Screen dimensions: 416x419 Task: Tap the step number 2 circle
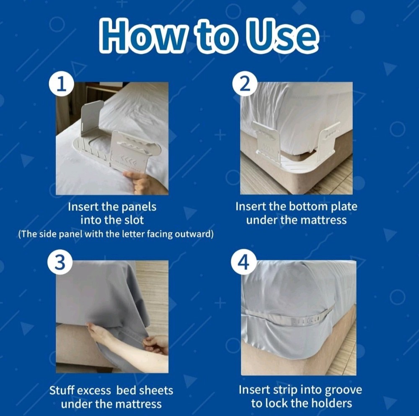pos(246,85)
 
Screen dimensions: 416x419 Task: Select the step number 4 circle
pos(246,264)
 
